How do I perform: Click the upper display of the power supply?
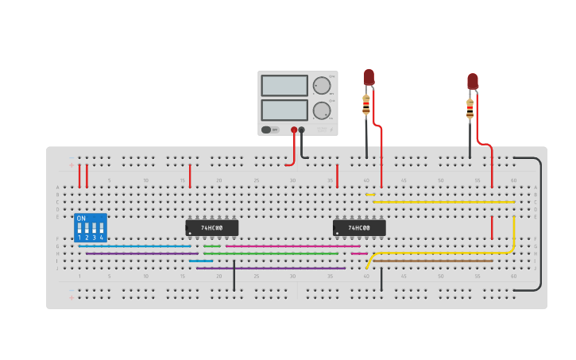(284, 85)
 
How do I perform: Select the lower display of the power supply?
(284, 110)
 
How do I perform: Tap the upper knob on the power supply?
(321, 86)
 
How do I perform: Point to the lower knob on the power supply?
(321, 110)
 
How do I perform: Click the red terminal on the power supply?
(294, 130)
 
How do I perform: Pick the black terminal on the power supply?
(302, 130)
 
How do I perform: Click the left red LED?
(369, 77)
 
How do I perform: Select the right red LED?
(473, 81)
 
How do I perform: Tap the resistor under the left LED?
(366, 104)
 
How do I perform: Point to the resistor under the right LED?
(470, 108)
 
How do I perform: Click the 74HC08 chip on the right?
(359, 228)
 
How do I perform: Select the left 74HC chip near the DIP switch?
(212, 228)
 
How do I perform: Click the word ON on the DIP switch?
(81, 219)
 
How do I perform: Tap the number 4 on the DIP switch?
(102, 238)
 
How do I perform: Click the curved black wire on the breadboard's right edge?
(540, 223)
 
